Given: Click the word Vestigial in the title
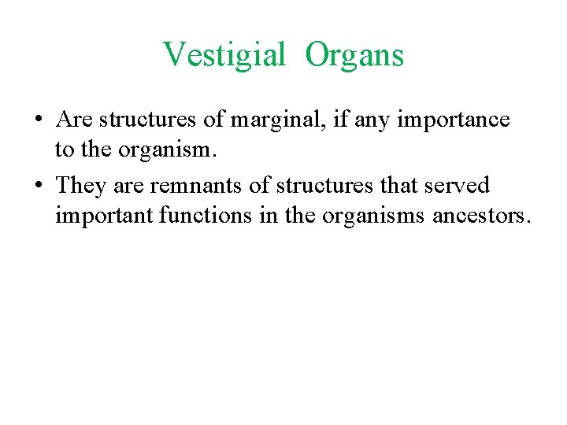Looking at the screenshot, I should (224, 55).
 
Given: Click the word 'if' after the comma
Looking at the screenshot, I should (342, 120).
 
